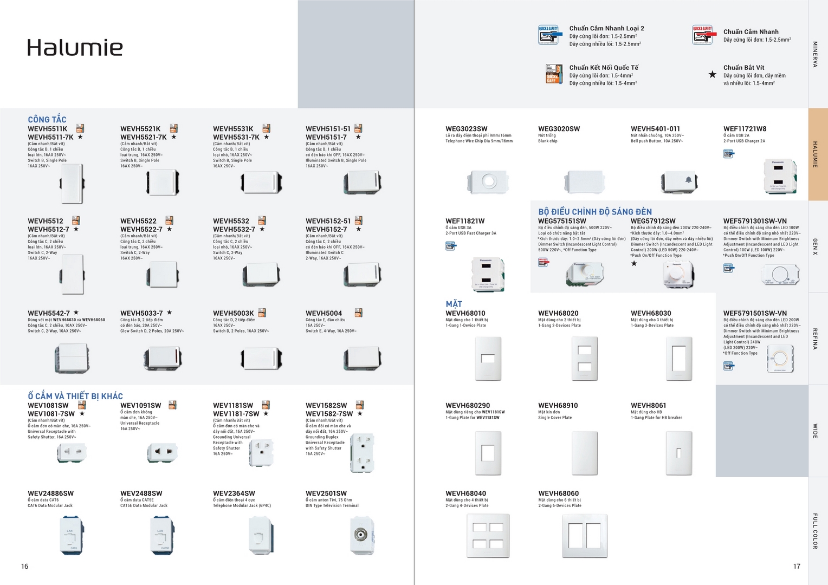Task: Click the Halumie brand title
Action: pyautogui.click(x=75, y=48)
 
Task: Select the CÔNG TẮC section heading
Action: pyautogui.click(x=47, y=119)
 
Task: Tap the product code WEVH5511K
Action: pyautogui.click(x=48, y=129)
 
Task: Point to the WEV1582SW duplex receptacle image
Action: pyautogui.click(x=362, y=453)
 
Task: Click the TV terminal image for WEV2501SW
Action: pyautogui.click(x=362, y=535)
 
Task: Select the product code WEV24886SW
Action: pyautogui.click(x=50, y=493)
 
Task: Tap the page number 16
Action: pyautogui.click(x=24, y=566)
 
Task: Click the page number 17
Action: pyautogui.click(x=797, y=566)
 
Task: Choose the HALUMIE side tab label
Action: pyautogui.click(x=815, y=154)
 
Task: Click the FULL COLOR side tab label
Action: pyautogui.click(x=815, y=531)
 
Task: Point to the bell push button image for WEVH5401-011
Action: pyautogui.click(x=679, y=182)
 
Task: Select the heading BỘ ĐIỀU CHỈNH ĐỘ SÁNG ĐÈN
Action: pyautogui.click(x=594, y=212)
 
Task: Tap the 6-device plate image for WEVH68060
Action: pyautogui.click(x=585, y=536)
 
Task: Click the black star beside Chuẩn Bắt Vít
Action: pyautogui.click(x=712, y=74)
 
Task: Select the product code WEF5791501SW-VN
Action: pyautogui.click(x=755, y=313)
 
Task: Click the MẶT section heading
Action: pyautogui.click(x=454, y=304)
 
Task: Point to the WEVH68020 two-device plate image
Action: pyautogui.click(x=585, y=359)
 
